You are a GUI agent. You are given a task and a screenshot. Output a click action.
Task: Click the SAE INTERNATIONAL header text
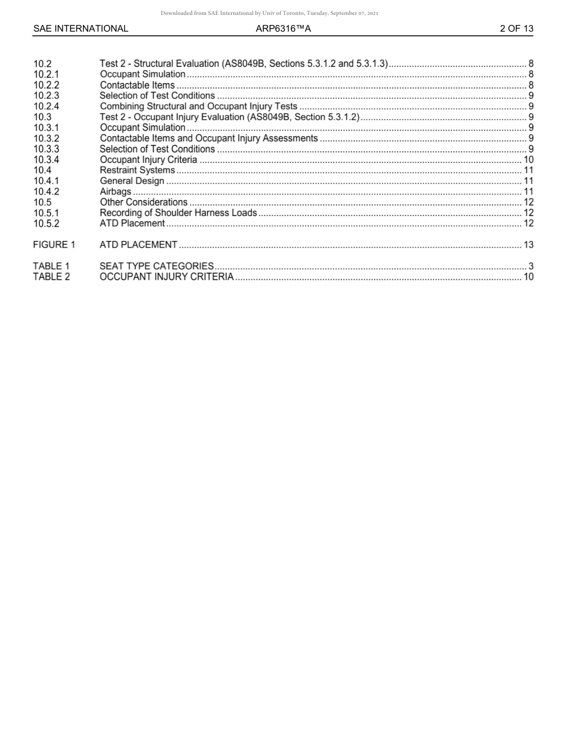click(x=81, y=28)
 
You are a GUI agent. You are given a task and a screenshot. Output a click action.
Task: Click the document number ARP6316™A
click(x=283, y=28)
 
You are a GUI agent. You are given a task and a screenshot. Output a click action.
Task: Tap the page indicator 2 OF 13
click(x=516, y=28)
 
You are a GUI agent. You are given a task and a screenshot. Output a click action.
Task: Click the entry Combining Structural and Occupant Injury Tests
click(x=198, y=106)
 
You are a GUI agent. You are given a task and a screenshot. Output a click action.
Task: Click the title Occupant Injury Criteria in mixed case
click(x=148, y=159)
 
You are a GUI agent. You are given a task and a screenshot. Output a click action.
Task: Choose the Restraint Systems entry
click(x=137, y=170)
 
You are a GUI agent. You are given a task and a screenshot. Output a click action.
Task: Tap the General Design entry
click(x=131, y=181)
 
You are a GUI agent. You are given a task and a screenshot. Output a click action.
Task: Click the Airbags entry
click(x=115, y=192)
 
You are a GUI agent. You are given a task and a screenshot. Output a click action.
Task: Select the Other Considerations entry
click(x=143, y=202)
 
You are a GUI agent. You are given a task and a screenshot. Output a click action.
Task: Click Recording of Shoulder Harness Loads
click(x=178, y=212)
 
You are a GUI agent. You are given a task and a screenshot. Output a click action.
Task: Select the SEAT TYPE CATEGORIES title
click(x=156, y=266)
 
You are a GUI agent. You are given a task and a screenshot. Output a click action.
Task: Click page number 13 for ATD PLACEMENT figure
click(x=528, y=245)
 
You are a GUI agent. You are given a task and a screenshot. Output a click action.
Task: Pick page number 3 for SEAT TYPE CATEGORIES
click(x=531, y=266)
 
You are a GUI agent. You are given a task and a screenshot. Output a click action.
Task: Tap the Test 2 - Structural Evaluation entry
click(x=244, y=63)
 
